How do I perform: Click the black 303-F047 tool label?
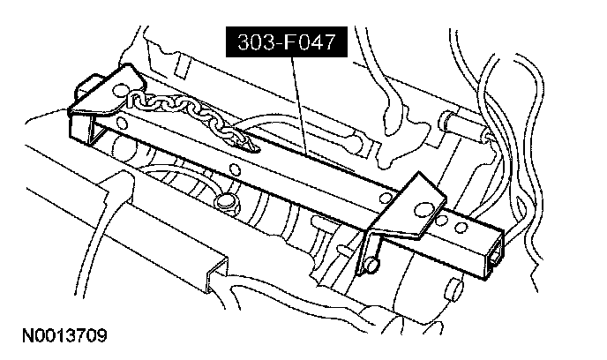287,41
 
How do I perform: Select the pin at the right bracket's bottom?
374,263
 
